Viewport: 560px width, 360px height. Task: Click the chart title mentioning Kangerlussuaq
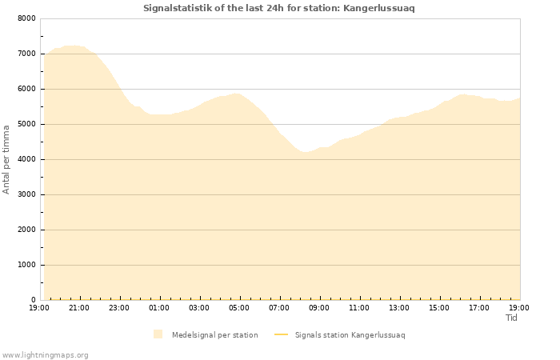279,8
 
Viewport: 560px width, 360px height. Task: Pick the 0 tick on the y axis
33,300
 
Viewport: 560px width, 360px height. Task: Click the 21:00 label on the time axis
79,307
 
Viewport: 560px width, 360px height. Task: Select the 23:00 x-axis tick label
119,307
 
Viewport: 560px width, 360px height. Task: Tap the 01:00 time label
159,307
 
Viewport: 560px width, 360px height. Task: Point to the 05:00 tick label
239,307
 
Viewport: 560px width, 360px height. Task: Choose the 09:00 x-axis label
319,307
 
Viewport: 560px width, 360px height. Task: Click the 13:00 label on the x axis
399,307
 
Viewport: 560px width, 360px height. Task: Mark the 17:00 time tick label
479,307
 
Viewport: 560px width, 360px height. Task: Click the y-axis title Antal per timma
6,158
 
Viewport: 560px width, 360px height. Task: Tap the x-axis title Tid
512,318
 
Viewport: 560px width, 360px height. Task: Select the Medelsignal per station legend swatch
158,334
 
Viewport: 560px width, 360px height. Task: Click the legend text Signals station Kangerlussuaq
350,335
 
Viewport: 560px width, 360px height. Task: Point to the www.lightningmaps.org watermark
46,354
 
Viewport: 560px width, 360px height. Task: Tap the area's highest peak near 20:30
72,46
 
